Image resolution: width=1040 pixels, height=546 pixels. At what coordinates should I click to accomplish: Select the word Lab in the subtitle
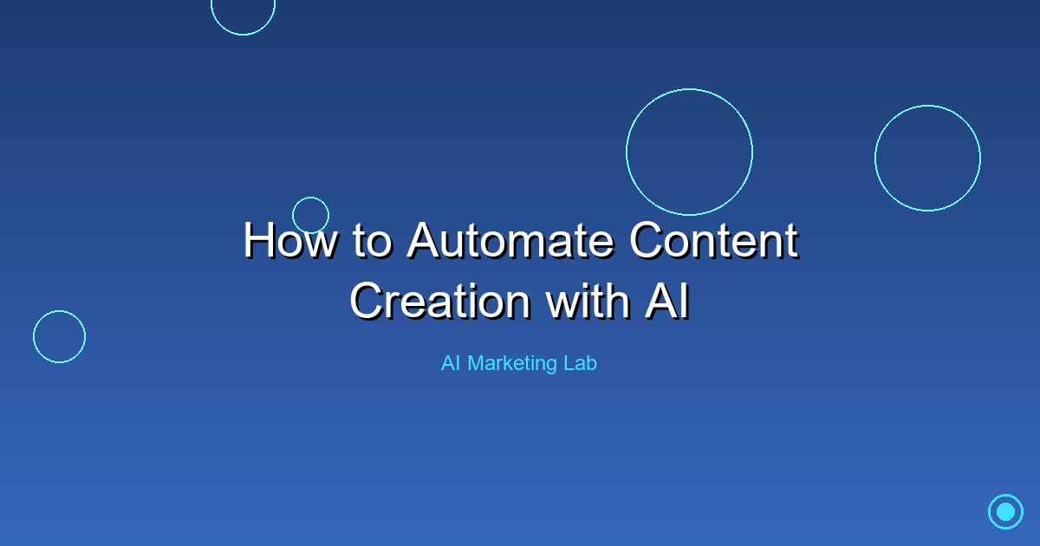[580, 363]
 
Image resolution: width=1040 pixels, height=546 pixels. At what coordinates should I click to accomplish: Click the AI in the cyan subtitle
[451, 363]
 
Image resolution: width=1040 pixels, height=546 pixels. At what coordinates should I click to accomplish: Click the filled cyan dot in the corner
[1005, 511]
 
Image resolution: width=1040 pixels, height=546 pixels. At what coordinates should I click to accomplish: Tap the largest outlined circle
[689, 152]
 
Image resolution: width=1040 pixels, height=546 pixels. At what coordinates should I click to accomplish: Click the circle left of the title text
[59, 336]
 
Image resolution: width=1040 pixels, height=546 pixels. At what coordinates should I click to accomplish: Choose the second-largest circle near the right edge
[927, 158]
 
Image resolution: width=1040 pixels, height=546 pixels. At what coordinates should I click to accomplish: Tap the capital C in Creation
[367, 301]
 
